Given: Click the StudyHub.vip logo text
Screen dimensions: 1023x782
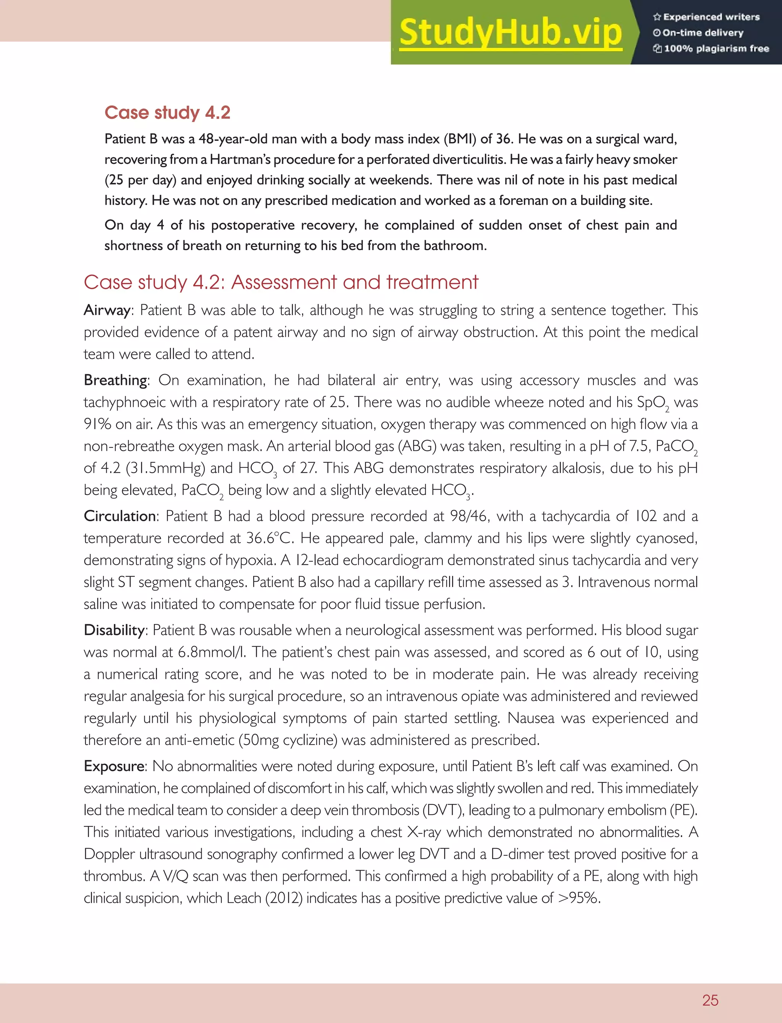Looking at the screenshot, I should (x=510, y=32).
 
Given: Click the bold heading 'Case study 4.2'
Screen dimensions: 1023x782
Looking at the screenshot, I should (x=167, y=113).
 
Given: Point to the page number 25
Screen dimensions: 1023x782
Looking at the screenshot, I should (x=710, y=1000).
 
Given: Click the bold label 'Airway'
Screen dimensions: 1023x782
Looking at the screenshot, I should (x=107, y=310).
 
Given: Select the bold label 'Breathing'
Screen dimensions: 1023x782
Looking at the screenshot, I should (x=115, y=380).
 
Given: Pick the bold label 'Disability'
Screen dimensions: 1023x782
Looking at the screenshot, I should (x=114, y=630).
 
